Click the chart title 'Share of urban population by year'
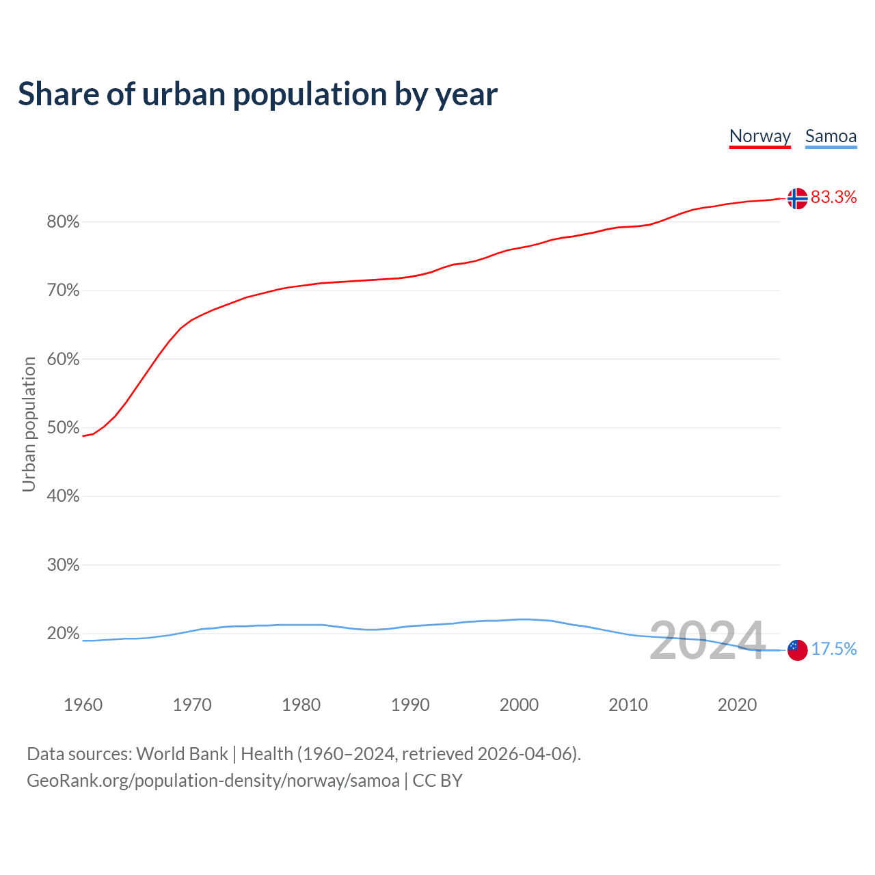pyautogui.click(x=258, y=94)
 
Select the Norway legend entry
pyautogui.click(x=759, y=136)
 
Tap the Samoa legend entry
pyautogui.click(x=831, y=136)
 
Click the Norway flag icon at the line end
pyautogui.click(x=797, y=198)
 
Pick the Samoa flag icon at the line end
pyautogui.click(x=797, y=649)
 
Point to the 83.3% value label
pyautogui.click(x=833, y=198)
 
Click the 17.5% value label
pyautogui.click(x=833, y=649)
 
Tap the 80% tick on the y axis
pyautogui.click(x=64, y=222)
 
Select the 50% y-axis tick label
pyautogui.click(x=64, y=428)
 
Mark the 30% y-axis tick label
pyautogui.click(x=64, y=565)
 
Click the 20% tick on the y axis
pyautogui.click(x=64, y=634)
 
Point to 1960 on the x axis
pyautogui.click(x=83, y=705)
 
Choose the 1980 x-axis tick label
pyautogui.click(x=301, y=705)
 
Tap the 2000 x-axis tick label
pyautogui.click(x=519, y=705)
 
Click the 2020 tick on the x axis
pyautogui.click(x=737, y=705)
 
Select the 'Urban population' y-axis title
pyautogui.click(x=29, y=424)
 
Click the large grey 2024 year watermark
pyautogui.click(x=707, y=641)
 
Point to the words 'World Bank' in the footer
pyautogui.click(x=182, y=754)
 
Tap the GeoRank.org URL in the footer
pyautogui.click(x=213, y=781)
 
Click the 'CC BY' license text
pyautogui.click(x=437, y=781)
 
